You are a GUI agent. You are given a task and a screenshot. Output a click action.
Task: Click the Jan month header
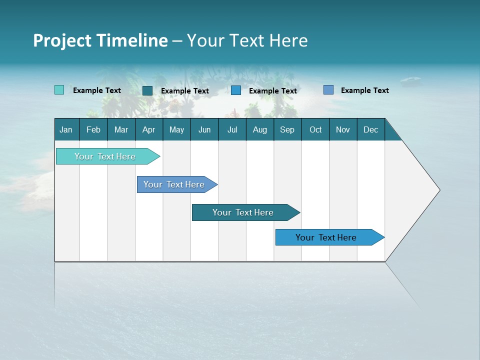coord(66,129)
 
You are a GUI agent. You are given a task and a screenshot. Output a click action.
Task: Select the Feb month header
coord(93,129)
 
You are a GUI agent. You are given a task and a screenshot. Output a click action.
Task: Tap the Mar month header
coord(121,129)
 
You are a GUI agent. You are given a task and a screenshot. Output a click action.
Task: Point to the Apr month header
coord(148,129)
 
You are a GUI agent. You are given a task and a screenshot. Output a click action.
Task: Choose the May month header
coord(176,129)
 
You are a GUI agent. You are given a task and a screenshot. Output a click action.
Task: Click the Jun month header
coord(204,129)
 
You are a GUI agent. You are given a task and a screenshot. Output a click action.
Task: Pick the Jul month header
coord(232,129)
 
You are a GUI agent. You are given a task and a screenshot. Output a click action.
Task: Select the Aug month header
coord(259,129)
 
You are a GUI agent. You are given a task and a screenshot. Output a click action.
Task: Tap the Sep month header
coord(287,129)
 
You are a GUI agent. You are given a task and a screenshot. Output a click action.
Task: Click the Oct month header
coord(315,129)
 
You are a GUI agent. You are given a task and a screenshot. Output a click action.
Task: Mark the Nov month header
coord(343,129)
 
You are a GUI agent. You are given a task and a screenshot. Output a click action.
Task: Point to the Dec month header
coord(370,129)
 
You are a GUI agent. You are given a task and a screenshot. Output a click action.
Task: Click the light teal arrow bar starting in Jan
coord(105,156)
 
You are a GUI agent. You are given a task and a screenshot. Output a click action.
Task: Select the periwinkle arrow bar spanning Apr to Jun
coord(174,184)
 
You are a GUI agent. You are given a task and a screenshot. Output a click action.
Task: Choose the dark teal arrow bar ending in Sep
coord(243,212)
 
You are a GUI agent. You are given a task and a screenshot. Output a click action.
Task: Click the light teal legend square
coord(59,90)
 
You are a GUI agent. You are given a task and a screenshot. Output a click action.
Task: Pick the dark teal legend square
coord(147,90)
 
